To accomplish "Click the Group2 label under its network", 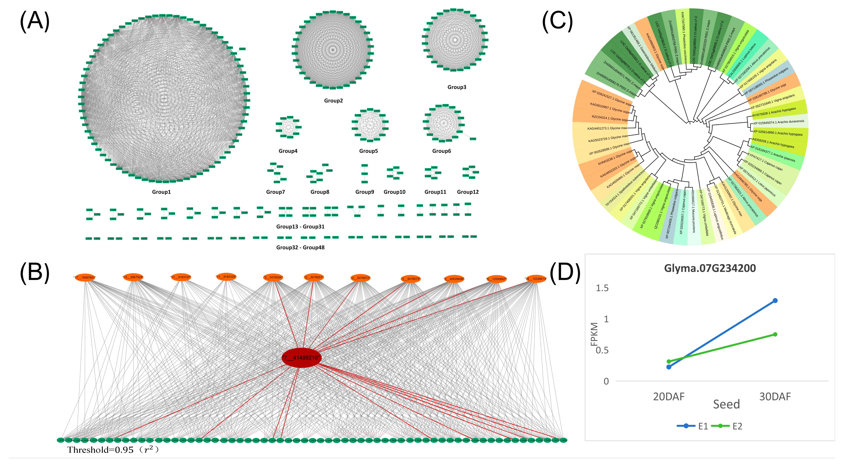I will click(x=333, y=101).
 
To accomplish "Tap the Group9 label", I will click(x=364, y=192).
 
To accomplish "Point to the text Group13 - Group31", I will click(x=300, y=227).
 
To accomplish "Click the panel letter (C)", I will click(x=557, y=22).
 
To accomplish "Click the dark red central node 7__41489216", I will click(x=301, y=357).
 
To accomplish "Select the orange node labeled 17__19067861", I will click(x=85, y=278).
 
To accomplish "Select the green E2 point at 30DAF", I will click(x=775, y=334).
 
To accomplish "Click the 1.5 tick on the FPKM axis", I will click(x=602, y=288).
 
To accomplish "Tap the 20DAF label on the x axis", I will click(x=669, y=397).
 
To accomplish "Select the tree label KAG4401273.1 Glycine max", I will click(x=607, y=128).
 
